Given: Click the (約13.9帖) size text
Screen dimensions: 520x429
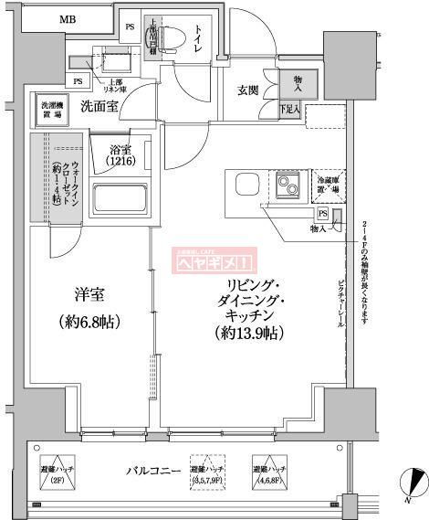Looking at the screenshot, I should [x=249, y=333].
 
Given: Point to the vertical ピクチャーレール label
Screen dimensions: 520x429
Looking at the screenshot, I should [x=340, y=302].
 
